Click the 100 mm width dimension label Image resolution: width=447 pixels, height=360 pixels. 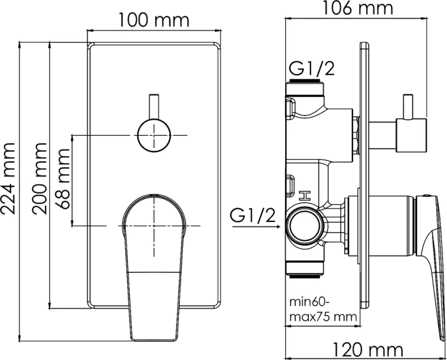click(x=153, y=21)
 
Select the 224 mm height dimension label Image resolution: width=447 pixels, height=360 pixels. click(x=9, y=177)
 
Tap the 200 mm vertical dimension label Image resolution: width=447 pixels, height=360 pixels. click(x=40, y=178)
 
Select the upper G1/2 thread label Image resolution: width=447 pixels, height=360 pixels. click(x=311, y=68)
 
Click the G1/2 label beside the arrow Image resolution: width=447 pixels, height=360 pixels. click(x=253, y=216)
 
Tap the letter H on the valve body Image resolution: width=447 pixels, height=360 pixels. click(x=304, y=196)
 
